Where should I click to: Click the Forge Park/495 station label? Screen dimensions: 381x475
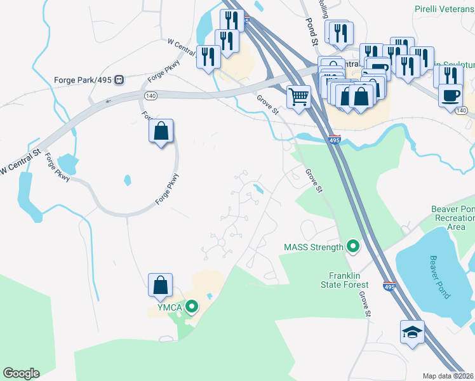pyautogui.click(x=82, y=81)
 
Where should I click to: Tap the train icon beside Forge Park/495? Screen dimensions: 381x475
pyautogui.click(x=120, y=81)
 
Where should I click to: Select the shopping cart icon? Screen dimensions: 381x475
pyautogui.click(x=298, y=97)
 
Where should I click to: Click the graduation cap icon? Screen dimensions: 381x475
pyautogui.click(x=412, y=331)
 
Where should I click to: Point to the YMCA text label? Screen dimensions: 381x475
pyautogui.click(x=166, y=309)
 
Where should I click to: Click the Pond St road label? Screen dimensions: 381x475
pyautogui.click(x=311, y=31)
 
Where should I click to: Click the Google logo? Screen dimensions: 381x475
pyautogui.click(x=21, y=373)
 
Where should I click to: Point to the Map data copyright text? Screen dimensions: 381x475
pyautogui.click(x=448, y=376)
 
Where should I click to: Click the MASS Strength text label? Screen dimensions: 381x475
pyautogui.click(x=314, y=246)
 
